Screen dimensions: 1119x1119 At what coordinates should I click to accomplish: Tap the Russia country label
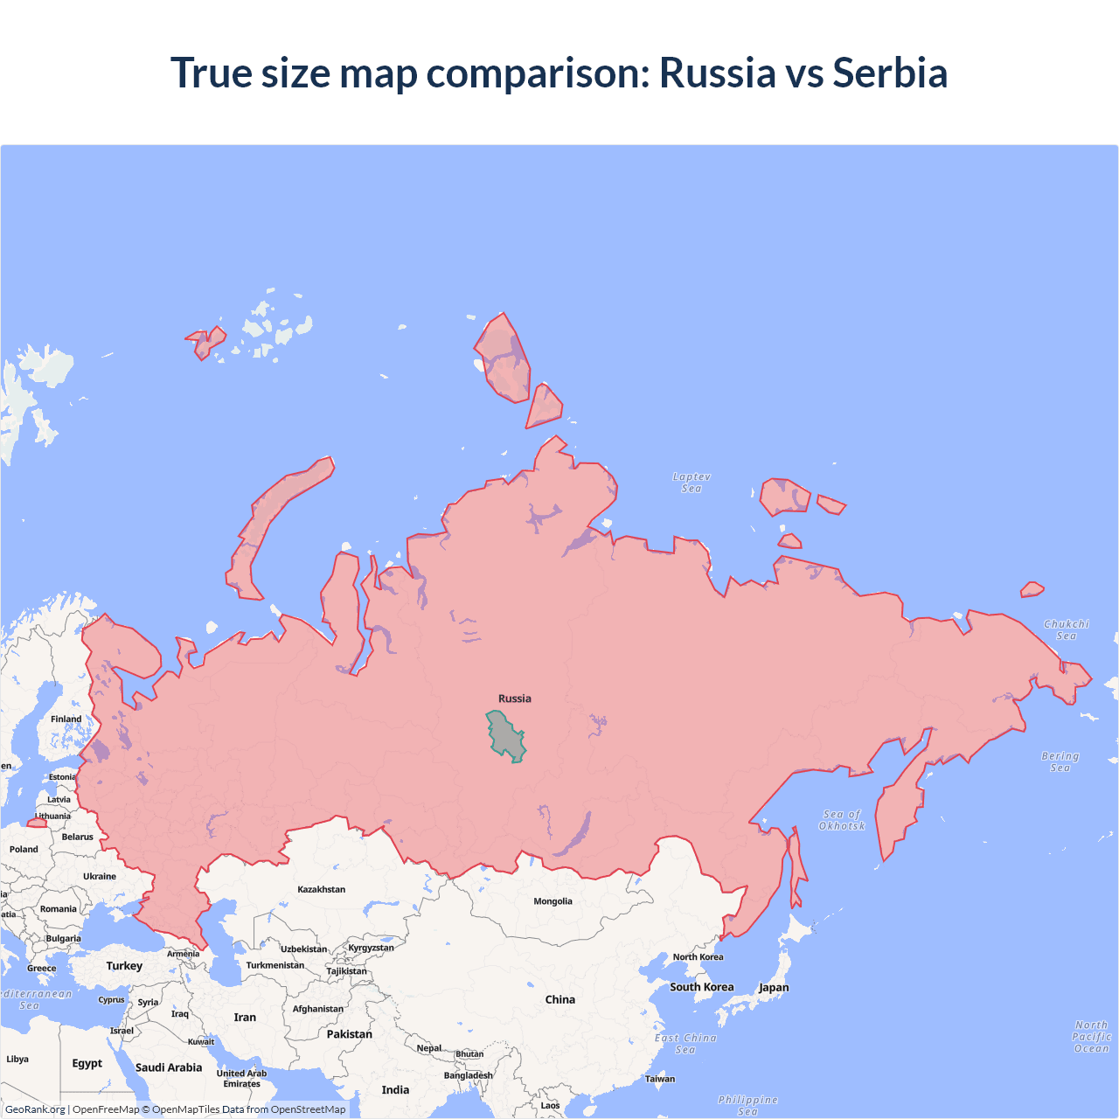pyautogui.click(x=515, y=699)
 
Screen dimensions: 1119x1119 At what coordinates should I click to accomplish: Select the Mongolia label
pyautogui.click(x=553, y=901)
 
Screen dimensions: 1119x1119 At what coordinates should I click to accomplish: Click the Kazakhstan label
pyautogui.click(x=321, y=889)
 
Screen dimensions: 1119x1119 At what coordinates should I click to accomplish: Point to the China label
pyautogui.click(x=560, y=999)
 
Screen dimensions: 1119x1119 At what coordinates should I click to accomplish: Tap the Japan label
pyautogui.click(x=774, y=988)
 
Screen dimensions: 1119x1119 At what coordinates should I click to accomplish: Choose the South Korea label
pyautogui.click(x=702, y=987)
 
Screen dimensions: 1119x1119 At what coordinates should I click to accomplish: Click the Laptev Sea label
pyautogui.click(x=692, y=483)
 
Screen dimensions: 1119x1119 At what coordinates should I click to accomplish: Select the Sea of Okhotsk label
pyautogui.click(x=842, y=820)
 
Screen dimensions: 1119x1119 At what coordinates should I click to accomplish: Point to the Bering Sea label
pyautogui.click(x=1060, y=761)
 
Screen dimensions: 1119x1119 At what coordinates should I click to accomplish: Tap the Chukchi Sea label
pyautogui.click(x=1067, y=629)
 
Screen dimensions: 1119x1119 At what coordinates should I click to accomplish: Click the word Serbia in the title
pyautogui.click(x=890, y=73)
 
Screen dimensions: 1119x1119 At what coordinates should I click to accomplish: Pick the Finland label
pyautogui.click(x=66, y=719)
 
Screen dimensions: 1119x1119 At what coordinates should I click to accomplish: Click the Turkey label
pyautogui.click(x=124, y=966)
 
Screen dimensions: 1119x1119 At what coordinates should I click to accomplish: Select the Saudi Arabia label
pyautogui.click(x=169, y=1067)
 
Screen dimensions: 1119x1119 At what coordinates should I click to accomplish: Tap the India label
pyautogui.click(x=395, y=1090)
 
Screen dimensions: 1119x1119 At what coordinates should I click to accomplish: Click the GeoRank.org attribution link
pyautogui.click(x=35, y=1109)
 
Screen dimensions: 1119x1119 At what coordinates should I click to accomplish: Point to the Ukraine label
pyautogui.click(x=100, y=876)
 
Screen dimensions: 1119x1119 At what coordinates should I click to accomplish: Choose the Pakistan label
pyautogui.click(x=350, y=1034)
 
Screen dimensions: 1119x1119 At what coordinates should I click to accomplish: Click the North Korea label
pyautogui.click(x=698, y=957)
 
